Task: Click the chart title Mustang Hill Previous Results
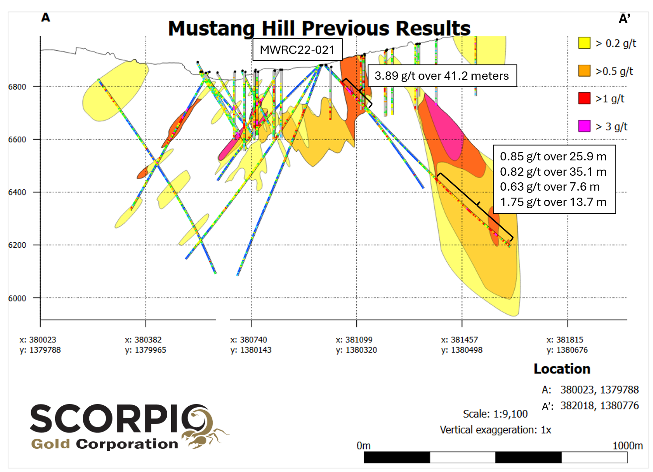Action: pos(319,28)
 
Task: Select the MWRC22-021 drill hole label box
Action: pos(297,50)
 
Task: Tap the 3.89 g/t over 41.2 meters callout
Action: pos(442,76)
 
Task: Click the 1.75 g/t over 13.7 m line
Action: pos(553,202)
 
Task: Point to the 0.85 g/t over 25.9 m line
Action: pos(553,156)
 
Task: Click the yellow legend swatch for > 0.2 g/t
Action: pos(584,43)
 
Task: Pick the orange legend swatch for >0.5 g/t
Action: pos(584,71)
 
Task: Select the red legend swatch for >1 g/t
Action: pos(584,99)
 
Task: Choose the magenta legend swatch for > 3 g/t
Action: pos(584,126)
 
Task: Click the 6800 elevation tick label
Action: pos(17,87)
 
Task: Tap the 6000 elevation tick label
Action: pos(17,298)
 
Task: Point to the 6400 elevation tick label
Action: pos(17,192)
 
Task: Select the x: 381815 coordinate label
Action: pos(565,340)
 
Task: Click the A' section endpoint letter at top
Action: pos(624,19)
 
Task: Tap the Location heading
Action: pos(562,369)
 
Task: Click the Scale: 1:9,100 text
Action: pos(495,414)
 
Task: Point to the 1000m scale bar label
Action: pos(628,446)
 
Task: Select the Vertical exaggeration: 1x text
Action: pos(495,430)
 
